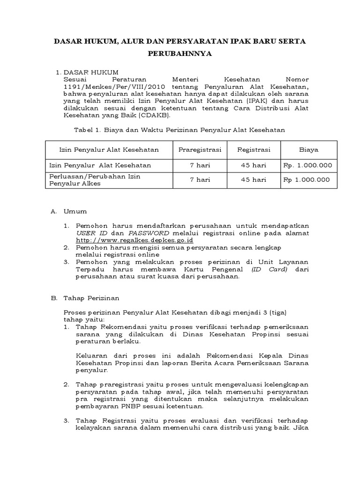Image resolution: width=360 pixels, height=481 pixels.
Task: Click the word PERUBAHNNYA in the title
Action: point(180,54)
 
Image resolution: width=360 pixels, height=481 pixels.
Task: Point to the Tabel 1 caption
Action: point(180,129)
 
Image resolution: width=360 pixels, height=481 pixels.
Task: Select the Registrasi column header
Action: point(254,150)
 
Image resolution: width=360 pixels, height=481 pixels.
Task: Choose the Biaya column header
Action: point(308,150)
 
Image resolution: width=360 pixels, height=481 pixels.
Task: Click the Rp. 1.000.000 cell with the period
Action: point(308,165)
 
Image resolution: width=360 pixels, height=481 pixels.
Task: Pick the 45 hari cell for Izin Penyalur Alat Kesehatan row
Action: point(254,165)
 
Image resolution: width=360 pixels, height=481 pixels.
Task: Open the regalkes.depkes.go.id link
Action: point(128,240)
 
